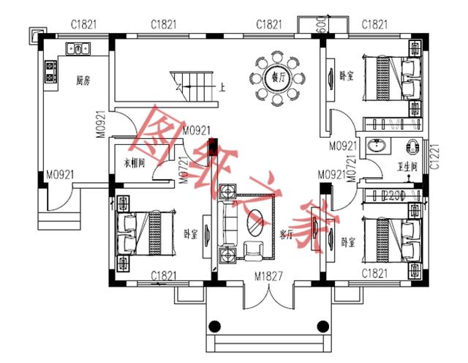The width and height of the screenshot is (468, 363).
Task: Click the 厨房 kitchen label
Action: click(x=83, y=81)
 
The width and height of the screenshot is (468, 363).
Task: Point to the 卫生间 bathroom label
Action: click(x=407, y=166)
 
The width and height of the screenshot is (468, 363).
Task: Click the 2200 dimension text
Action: click(x=393, y=195)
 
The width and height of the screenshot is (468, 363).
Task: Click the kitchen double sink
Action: click(x=78, y=48)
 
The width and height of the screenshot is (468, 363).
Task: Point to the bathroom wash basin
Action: click(x=377, y=145)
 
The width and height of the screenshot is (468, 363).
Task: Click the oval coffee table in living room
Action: click(x=256, y=219)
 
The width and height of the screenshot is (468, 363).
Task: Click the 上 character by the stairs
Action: click(x=222, y=88)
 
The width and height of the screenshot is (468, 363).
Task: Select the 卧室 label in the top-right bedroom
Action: click(x=347, y=76)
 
